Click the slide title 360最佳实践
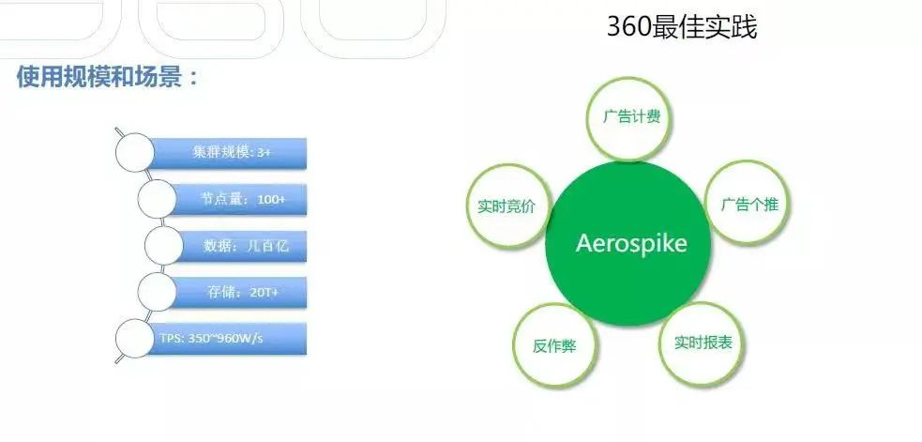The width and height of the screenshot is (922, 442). pyautogui.click(x=682, y=27)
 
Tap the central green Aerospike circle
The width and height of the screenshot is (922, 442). pyautogui.click(x=628, y=243)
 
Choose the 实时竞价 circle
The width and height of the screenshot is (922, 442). pyautogui.click(x=507, y=206)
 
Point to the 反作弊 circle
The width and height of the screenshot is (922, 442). pyautogui.click(x=555, y=345)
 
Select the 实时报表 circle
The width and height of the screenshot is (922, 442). pyautogui.click(x=703, y=343)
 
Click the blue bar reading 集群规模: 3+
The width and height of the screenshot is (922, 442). pyautogui.click(x=228, y=153)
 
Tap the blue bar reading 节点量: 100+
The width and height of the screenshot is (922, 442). pyautogui.click(x=239, y=200)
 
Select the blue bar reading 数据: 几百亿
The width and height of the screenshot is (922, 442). pyautogui.click(x=242, y=246)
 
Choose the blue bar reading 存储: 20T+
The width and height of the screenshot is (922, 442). pyautogui.click(x=239, y=293)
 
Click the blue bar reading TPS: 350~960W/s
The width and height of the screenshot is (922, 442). pyautogui.click(x=228, y=339)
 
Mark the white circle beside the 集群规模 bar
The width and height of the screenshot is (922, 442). pyautogui.click(x=135, y=153)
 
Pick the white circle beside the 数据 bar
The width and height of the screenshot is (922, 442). pyautogui.click(x=164, y=246)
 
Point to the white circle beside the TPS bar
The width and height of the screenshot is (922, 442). pyautogui.click(x=135, y=339)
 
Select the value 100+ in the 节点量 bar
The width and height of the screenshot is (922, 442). pyautogui.click(x=271, y=200)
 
